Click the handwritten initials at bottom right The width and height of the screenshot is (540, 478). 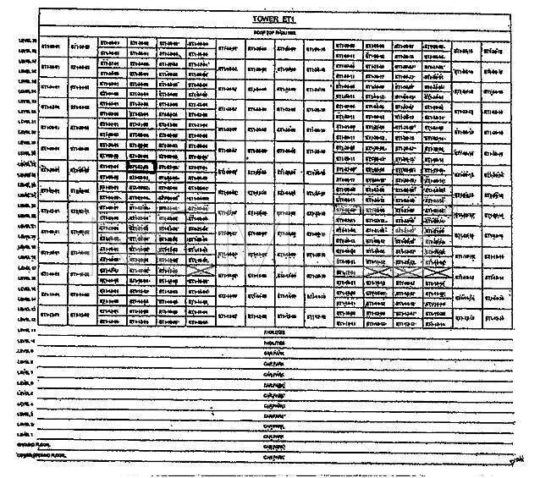click(x=515, y=460)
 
